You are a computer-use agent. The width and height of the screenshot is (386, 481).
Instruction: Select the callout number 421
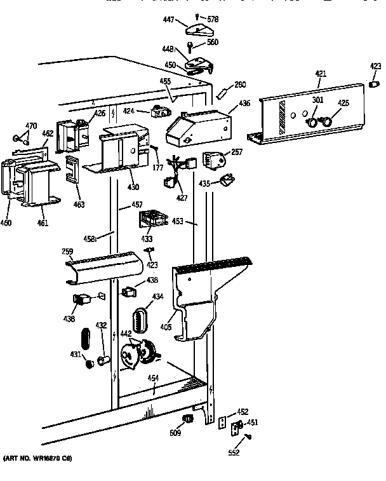(321, 75)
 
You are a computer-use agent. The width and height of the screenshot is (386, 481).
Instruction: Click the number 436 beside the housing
(244, 103)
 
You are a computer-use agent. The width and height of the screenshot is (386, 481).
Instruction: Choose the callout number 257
(237, 152)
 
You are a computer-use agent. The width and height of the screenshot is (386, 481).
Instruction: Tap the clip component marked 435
(227, 183)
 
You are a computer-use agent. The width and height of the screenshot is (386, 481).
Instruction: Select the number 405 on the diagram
(166, 328)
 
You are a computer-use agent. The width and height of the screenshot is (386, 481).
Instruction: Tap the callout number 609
(175, 433)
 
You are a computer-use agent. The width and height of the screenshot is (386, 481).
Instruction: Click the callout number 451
(252, 423)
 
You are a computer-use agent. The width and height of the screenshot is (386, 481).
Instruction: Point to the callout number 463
(79, 205)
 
